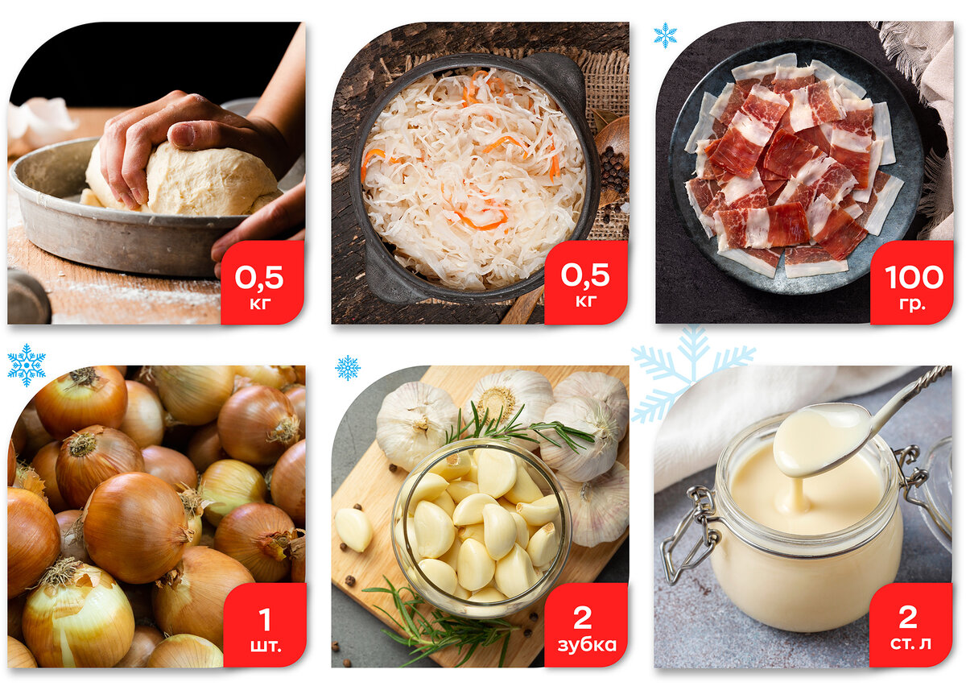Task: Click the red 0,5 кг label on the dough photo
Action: point(262,282)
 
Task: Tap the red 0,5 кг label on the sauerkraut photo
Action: point(586,282)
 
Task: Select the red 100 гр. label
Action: point(911,282)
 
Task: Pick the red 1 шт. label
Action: point(264,625)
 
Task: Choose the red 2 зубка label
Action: point(586,625)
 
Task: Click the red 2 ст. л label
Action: point(910,625)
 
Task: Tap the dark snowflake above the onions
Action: point(27,365)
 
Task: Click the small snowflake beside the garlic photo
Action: point(348,368)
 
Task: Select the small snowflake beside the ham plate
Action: point(665,35)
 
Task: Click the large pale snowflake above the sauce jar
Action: point(692,374)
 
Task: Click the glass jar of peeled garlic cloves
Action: point(481,527)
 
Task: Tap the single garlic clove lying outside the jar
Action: point(353,529)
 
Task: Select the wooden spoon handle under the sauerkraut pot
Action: point(522,305)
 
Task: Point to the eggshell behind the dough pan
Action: point(41,118)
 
